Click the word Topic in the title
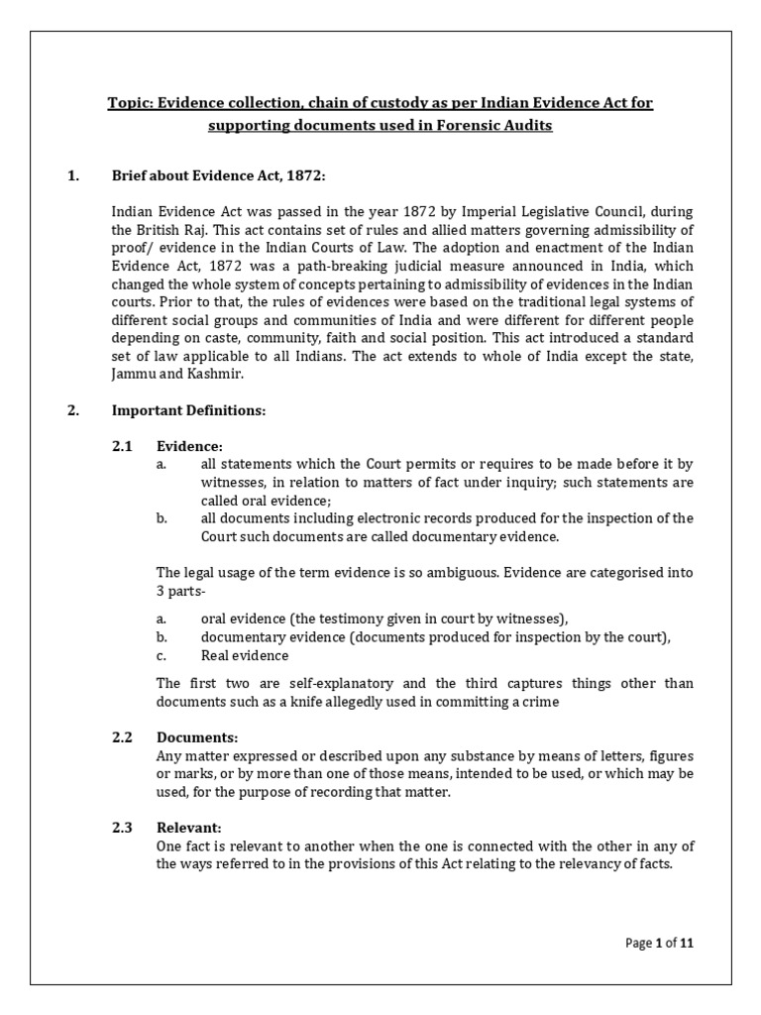(129, 103)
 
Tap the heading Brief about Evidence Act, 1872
(218, 176)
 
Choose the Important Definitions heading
(188, 410)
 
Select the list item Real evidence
(245, 655)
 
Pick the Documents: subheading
(197, 738)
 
